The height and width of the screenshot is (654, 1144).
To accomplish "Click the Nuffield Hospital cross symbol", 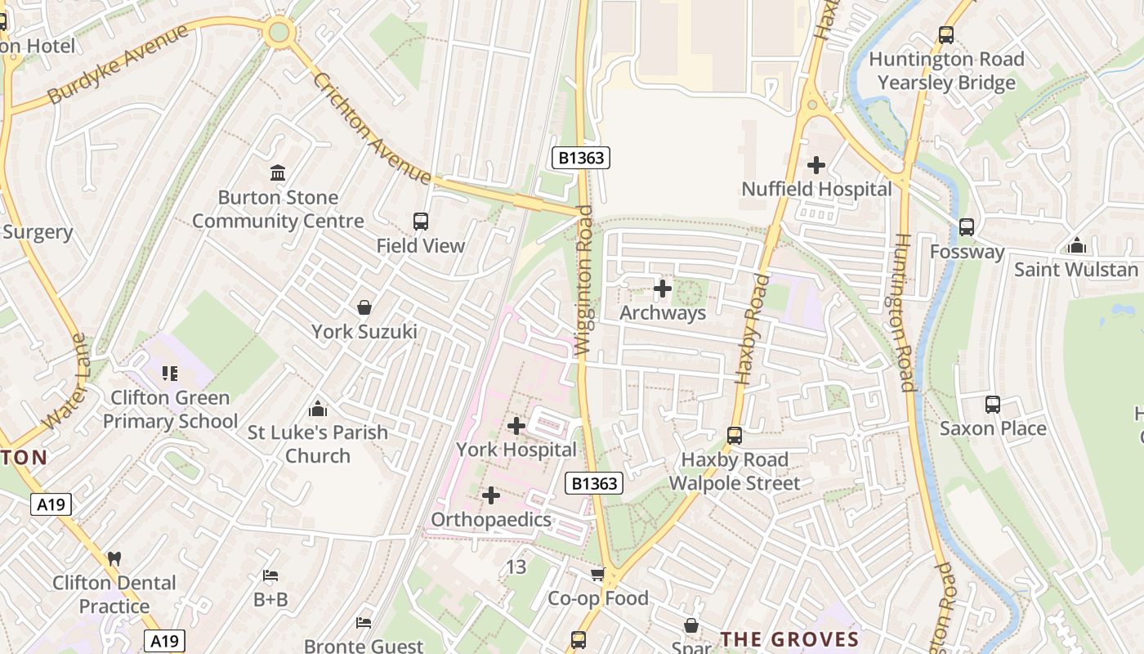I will click(x=816, y=165).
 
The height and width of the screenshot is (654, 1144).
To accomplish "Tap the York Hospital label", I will click(x=516, y=450).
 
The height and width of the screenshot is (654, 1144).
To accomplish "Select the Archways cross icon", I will click(x=663, y=289).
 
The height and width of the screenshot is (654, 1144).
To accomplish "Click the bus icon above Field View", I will click(x=421, y=222).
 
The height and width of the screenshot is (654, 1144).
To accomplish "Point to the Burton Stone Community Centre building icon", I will click(x=278, y=173).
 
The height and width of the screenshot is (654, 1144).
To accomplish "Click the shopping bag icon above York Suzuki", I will click(x=364, y=307).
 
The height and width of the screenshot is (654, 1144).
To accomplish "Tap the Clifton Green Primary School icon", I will click(x=170, y=374).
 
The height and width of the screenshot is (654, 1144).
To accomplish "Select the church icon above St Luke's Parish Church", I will click(x=318, y=408).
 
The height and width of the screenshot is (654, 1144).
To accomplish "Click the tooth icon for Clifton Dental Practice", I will click(x=114, y=559).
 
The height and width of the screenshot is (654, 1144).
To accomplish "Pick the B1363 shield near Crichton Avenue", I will click(x=581, y=157).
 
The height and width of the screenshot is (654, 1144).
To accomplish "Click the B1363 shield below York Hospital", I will click(x=594, y=483).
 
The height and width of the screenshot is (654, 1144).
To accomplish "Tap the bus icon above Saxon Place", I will click(x=993, y=404).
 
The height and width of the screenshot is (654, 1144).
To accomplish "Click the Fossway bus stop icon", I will click(x=967, y=227).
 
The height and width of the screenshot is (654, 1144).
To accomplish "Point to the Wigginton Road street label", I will click(x=583, y=280).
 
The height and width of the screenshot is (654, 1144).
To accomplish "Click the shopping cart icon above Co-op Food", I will click(x=598, y=574).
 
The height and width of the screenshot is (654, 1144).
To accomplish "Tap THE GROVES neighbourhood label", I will click(x=789, y=639).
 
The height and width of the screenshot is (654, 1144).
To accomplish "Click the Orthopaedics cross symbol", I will click(x=491, y=495).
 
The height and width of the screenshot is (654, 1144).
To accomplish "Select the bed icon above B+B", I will click(x=270, y=576).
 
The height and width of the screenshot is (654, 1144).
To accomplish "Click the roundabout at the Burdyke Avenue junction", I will click(x=279, y=32).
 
